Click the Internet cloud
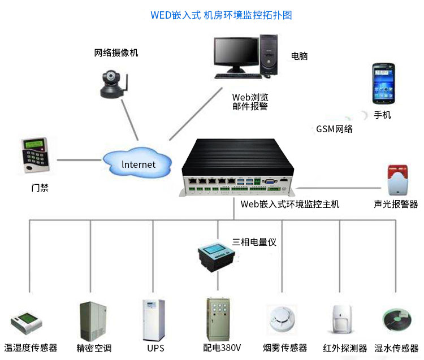tap(138, 164)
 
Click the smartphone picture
tap(383, 84)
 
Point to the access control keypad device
tap(35, 154)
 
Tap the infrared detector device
tap(343, 322)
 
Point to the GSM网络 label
tap(334, 129)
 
